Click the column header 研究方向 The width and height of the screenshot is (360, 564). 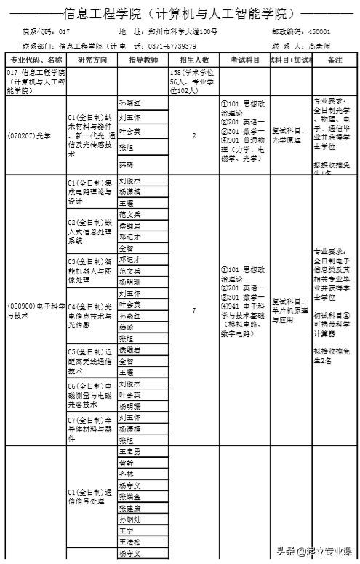click(x=92, y=60)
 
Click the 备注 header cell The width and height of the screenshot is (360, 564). click(x=335, y=60)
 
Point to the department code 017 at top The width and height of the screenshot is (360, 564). click(x=65, y=33)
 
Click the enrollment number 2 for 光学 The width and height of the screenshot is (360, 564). click(x=193, y=135)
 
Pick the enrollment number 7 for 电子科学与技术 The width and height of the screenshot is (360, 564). click(x=193, y=311)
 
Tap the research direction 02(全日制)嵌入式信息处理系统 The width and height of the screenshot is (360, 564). click(x=89, y=231)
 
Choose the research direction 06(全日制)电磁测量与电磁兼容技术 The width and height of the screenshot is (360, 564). click(x=89, y=394)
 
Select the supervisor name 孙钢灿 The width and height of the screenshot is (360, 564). click(x=131, y=520)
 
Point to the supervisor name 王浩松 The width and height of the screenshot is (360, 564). click(x=131, y=542)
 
